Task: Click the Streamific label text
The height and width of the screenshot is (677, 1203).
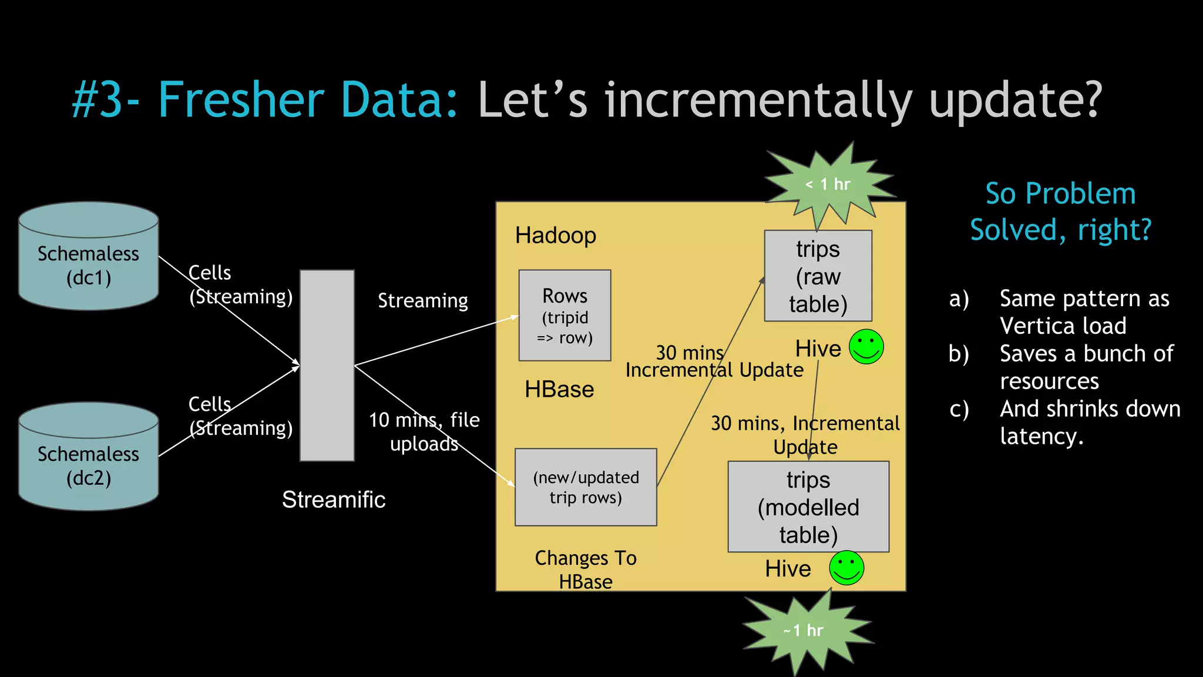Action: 333,500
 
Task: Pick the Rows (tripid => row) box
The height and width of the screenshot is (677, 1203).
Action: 564,316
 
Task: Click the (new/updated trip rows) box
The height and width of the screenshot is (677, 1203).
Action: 586,487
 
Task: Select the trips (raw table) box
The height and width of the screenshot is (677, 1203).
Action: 818,276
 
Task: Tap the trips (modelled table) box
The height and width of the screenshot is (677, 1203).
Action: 808,507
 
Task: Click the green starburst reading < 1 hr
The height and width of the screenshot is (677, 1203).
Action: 828,185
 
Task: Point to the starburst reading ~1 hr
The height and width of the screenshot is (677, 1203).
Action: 805,631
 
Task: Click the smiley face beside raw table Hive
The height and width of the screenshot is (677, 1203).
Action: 866,347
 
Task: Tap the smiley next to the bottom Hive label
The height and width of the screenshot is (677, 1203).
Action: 846,568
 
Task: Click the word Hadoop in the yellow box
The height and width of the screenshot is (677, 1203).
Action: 556,236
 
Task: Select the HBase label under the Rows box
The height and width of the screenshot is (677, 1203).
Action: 559,390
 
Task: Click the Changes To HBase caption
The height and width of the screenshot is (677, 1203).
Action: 586,569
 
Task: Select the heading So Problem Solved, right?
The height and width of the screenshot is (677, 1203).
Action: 1060,212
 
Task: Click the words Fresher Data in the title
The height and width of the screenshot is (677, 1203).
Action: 308,100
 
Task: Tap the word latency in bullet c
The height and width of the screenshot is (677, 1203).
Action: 1041,437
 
